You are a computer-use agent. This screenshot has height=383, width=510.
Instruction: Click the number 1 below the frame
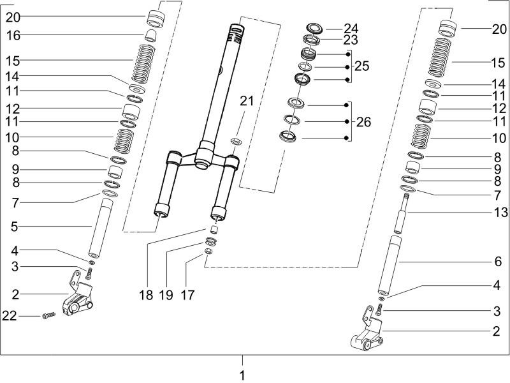(x=242, y=375)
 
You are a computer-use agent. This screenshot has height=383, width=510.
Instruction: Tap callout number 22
(x=10, y=315)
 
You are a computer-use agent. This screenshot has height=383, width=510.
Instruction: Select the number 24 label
(x=351, y=28)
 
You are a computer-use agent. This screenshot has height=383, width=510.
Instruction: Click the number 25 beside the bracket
(x=361, y=66)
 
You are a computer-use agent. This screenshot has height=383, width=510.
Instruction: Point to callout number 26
(x=363, y=122)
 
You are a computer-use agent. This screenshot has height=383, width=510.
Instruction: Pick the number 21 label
(x=247, y=101)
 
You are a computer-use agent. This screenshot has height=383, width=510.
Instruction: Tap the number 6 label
(x=498, y=261)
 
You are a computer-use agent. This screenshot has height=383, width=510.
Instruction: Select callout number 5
(x=14, y=227)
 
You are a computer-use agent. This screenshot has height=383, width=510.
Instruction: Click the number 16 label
(x=13, y=36)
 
